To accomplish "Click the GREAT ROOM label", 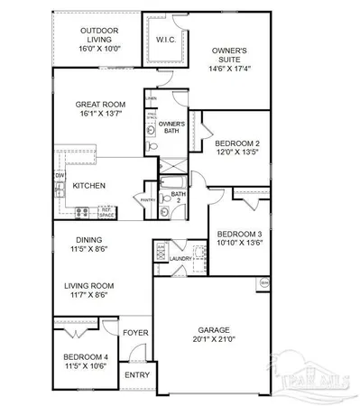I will pos(99,105).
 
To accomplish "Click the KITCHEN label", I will pos(90,187).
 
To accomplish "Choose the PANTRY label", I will pos(147,200).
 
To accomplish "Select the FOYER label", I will pos(135,332).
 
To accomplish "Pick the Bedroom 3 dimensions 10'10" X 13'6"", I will pos(239,243).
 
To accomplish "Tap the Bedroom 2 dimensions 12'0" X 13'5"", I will pos(237,154).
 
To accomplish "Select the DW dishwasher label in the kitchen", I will pos(60,176).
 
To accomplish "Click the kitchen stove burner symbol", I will pos(82,213).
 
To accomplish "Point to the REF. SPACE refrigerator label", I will pos(105,213).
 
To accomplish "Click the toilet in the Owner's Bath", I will pos(154,147).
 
